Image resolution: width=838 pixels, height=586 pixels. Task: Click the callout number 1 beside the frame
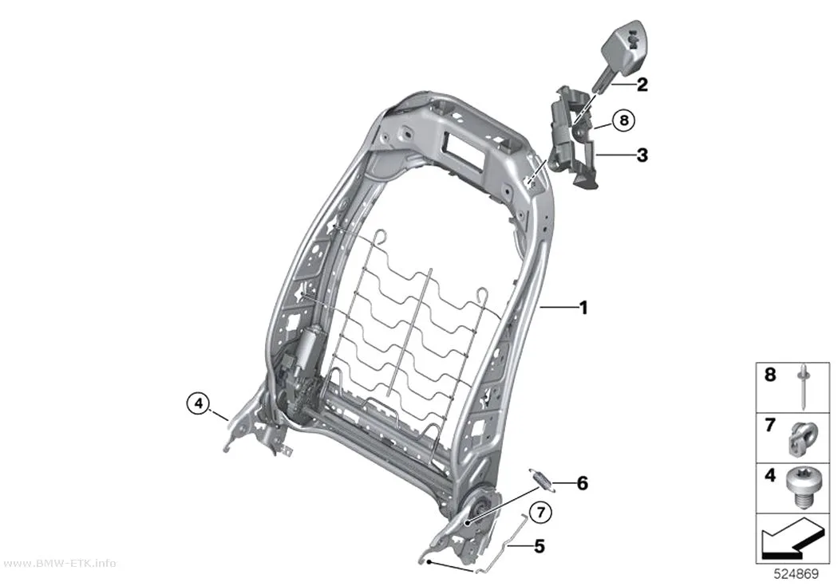pyautogui.click(x=583, y=308)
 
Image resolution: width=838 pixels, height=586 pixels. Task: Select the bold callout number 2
pyautogui.click(x=642, y=85)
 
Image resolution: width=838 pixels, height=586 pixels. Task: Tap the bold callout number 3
pyautogui.click(x=642, y=155)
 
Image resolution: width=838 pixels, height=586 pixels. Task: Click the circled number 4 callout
pyautogui.click(x=198, y=403)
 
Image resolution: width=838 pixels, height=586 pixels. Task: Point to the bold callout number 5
pyautogui.click(x=540, y=546)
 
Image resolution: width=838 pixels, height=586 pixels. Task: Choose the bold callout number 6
pyautogui.click(x=582, y=483)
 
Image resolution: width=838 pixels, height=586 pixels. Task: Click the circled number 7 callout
pyautogui.click(x=541, y=513)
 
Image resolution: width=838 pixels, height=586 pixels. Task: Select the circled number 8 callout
pyautogui.click(x=623, y=120)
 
